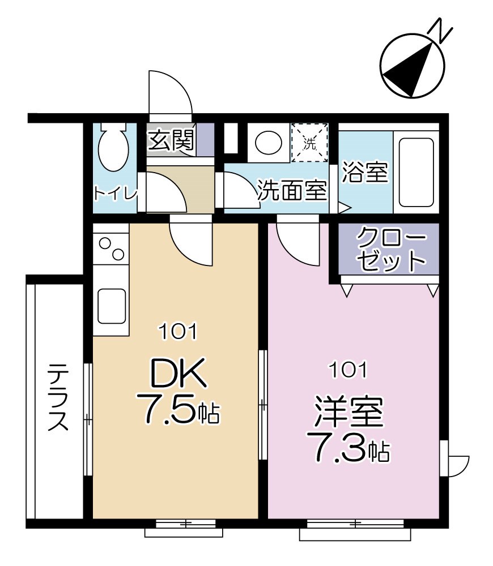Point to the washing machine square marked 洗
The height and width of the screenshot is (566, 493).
pyautogui.click(x=309, y=143)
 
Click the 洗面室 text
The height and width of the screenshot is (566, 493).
pyautogui.click(x=292, y=191)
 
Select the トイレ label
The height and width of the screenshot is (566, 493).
pyautogui.click(x=115, y=194)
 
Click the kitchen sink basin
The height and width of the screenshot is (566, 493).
pyautogui.click(x=111, y=306)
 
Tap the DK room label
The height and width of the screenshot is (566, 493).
pyautogui.click(x=176, y=375)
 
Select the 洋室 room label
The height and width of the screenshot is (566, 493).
pyautogui.click(x=349, y=413)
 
